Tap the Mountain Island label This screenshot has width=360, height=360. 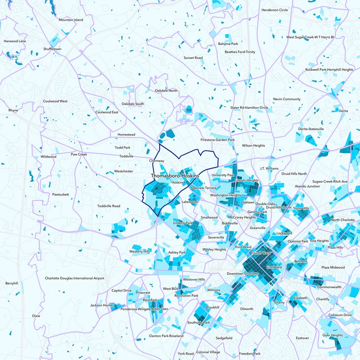(x=71, y=20)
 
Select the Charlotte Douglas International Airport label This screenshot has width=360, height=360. (x=74, y=278)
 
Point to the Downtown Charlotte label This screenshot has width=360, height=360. (x=242, y=274)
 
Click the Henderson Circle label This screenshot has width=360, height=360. (x=274, y=10)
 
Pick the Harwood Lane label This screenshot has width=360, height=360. (x=15, y=41)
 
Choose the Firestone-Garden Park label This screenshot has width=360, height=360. (x=218, y=140)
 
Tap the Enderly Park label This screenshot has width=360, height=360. (x=183, y=223)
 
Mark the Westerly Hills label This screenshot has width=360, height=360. (x=139, y=251)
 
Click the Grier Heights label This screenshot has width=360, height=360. (x=332, y=335)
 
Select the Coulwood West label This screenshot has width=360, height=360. (x=55, y=102)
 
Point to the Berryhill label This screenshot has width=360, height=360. (x=12, y=283)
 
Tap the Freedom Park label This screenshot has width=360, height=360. (x=250, y=354)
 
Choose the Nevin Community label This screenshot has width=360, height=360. (x=287, y=99)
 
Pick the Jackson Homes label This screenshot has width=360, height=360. (x=102, y=305)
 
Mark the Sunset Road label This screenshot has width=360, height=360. (x=193, y=58)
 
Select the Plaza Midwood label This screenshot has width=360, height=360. (x=333, y=267)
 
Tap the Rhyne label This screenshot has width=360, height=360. (x=13, y=110)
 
